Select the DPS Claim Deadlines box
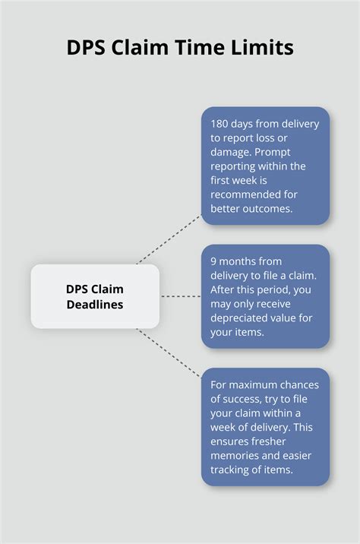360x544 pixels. [95, 296]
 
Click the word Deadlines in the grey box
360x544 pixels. [95, 304]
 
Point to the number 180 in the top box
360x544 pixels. [221, 124]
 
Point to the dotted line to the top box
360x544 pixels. [169, 239]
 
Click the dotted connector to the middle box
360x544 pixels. [181, 296]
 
